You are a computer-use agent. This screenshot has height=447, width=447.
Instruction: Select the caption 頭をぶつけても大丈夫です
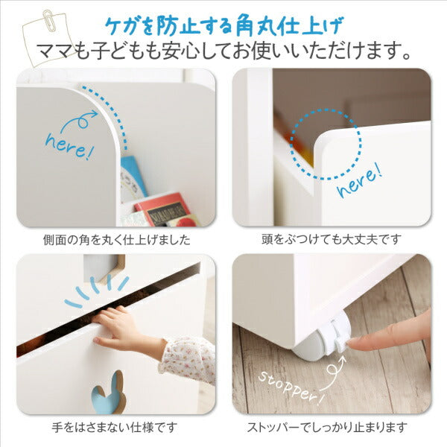tap(334, 240)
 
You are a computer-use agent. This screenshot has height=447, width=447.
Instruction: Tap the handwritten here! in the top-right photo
tap(361, 181)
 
